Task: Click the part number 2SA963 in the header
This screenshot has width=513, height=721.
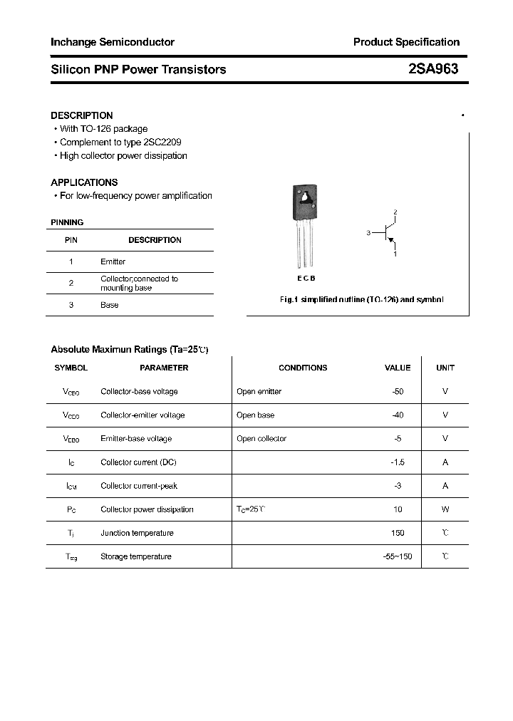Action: point(433,69)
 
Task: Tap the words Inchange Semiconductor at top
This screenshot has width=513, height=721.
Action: point(113,42)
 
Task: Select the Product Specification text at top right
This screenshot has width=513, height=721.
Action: point(406,42)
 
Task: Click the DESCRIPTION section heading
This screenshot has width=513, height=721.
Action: point(82,115)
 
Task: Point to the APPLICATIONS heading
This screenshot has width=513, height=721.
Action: point(84,182)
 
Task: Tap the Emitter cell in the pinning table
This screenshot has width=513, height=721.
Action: point(113,261)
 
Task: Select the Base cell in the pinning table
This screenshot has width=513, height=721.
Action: point(110,305)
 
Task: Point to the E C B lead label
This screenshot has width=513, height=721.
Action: point(306,279)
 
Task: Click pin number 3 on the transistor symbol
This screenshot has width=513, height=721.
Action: point(368,233)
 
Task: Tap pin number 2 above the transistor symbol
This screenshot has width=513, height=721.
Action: point(395,213)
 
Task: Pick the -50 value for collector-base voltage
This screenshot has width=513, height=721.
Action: point(398,391)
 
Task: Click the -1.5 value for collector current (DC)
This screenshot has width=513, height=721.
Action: point(398,462)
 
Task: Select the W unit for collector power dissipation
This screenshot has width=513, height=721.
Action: point(445,509)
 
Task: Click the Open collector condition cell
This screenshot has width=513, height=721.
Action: point(261,439)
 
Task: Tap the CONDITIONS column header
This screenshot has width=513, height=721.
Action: point(303,368)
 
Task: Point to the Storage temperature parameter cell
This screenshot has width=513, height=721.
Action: point(136,556)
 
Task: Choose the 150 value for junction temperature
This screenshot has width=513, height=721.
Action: point(398,533)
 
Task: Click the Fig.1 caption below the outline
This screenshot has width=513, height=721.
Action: point(361,300)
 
